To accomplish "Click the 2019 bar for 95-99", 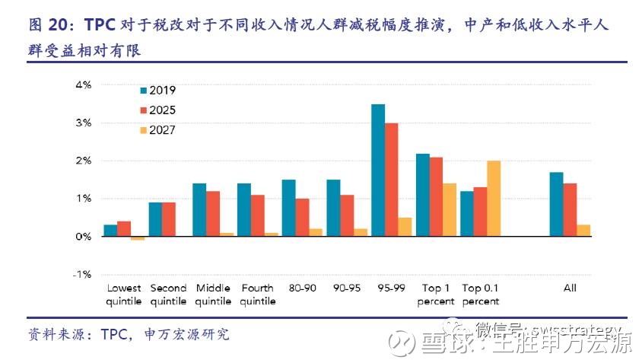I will tap(377, 170).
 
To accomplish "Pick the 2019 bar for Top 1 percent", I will tap(423, 195).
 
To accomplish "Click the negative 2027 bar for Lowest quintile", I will tap(138, 238).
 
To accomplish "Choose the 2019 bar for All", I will tap(556, 204).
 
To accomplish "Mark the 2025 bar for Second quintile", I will tap(169, 219).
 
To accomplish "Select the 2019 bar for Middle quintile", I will tap(199, 210).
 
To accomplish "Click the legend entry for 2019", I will tap(157, 91).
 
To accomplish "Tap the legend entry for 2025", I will tap(157, 110).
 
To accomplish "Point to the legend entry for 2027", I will tap(157, 130).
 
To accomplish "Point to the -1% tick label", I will tap(81, 274).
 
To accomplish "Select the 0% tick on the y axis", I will tap(82, 236).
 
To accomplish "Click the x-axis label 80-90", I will tap(302, 288).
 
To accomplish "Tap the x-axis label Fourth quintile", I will tap(258, 295).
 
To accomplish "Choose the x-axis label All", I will tap(570, 288).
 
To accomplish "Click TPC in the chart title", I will tap(100, 25).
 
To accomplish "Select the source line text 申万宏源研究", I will tap(186, 335).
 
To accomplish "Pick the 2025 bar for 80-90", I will tap(303, 218).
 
